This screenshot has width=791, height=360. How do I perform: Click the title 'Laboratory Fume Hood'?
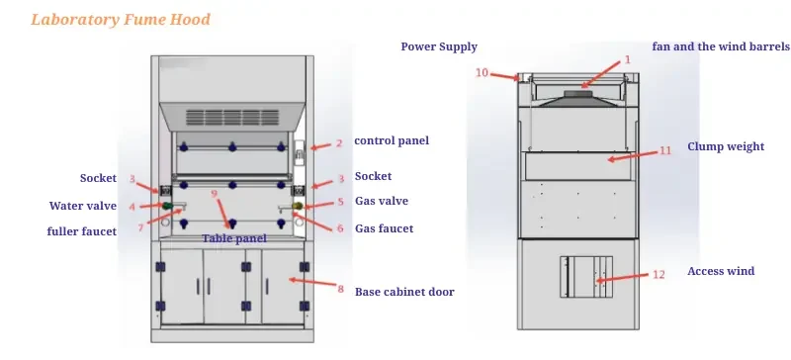pyautogui.click(x=121, y=20)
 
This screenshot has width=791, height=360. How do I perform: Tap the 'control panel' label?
pyautogui.click(x=392, y=141)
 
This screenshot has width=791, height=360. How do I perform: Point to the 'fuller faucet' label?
pyautogui.click(x=81, y=231)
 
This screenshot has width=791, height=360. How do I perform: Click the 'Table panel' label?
pyautogui.click(x=234, y=238)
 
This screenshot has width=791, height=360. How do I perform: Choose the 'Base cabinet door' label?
pyautogui.click(x=404, y=292)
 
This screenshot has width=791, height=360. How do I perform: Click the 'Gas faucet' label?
pyautogui.click(x=384, y=228)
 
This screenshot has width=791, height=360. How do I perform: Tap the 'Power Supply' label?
pyautogui.click(x=439, y=46)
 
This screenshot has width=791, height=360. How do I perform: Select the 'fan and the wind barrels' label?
pyautogui.click(x=721, y=46)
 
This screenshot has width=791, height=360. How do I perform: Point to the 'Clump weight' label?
pyautogui.click(x=726, y=146)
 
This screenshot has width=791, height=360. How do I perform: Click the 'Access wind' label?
pyautogui.click(x=721, y=271)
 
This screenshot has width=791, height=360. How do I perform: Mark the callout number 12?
pyautogui.click(x=658, y=274)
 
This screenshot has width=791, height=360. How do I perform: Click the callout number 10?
pyautogui.click(x=482, y=72)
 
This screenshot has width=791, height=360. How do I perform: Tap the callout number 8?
pyautogui.click(x=340, y=290)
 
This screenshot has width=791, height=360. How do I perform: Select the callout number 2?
pyautogui.click(x=339, y=142)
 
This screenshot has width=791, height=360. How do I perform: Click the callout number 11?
pyautogui.click(x=665, y=150)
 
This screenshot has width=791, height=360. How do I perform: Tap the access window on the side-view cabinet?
pyautogui.click(x=585, y=277)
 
